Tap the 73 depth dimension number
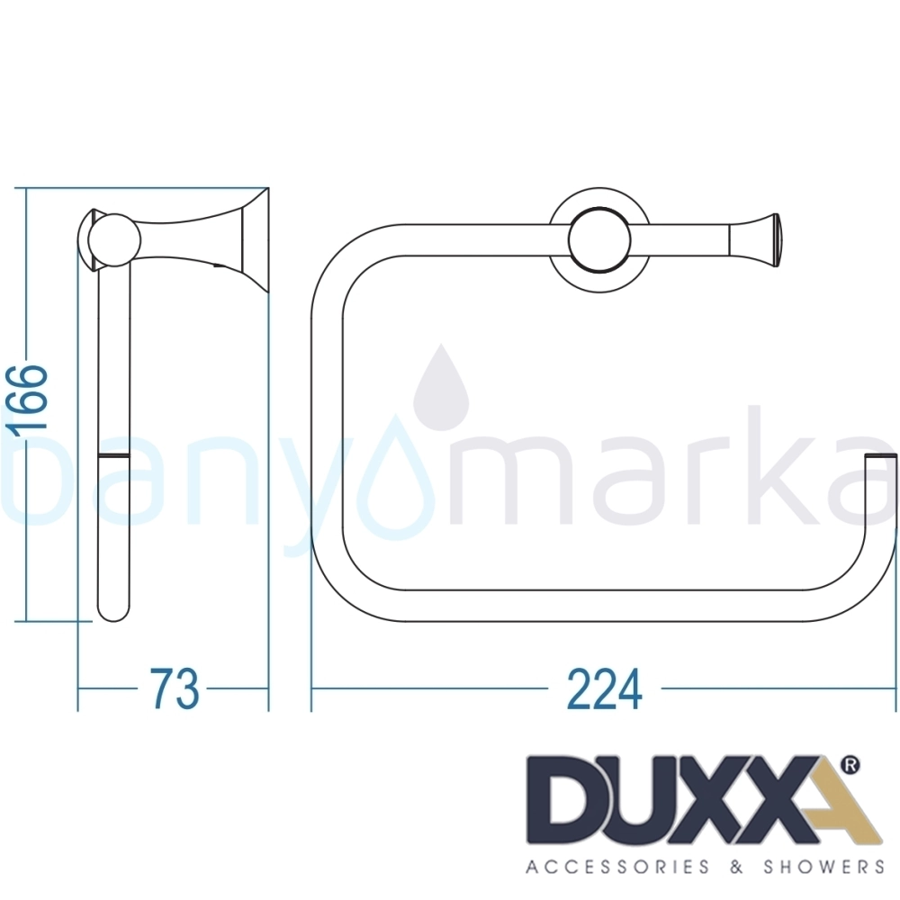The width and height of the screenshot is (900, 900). (x=175, y=688)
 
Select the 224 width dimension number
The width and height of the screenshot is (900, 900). (x=604, y=688)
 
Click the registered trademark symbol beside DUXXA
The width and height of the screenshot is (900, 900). (x=850, y=765)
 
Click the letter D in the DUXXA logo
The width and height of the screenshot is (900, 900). (x=566, y=799)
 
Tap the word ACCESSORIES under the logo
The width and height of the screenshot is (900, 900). (x=617, y=866)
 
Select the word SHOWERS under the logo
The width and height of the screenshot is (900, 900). (x=823, y=866)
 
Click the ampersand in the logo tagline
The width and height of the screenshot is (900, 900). (x=736, y=866)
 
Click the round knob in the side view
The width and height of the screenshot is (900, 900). (x=115, y=240)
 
